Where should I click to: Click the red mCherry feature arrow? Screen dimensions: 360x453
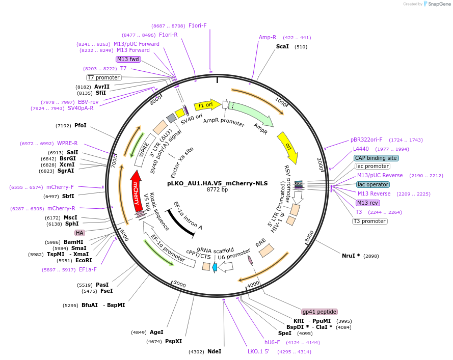(136, 190)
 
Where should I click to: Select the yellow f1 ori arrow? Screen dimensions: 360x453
(206, 105)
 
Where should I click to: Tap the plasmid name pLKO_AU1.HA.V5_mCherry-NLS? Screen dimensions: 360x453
(216, 183)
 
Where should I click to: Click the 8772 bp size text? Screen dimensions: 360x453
(217, 190)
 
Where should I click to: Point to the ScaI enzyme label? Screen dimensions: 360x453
(282, 46)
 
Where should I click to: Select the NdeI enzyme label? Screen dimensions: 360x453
(214, 351)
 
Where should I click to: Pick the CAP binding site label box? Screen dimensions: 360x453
(376, 158)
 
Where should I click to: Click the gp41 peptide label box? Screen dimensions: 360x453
(319, 312)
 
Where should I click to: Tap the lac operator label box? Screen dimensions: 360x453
(372, 184)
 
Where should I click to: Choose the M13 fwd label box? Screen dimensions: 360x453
(128, 59)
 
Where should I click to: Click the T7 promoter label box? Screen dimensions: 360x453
(103, 78)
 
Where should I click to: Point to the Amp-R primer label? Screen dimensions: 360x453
(268, 37)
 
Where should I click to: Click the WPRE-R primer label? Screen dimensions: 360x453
(67, 144)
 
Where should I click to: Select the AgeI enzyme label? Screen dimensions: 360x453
(156, 332)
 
